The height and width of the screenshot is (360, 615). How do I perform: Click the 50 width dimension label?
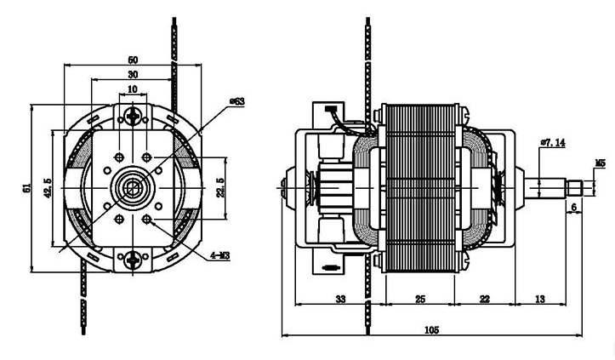(133, 60)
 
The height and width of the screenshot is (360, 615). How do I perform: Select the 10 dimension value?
(133, 89)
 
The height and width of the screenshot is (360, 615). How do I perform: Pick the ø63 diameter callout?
(237, 101)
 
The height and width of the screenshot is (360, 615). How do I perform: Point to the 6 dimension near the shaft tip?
(574, 208)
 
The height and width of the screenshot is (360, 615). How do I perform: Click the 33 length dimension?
(339, 299)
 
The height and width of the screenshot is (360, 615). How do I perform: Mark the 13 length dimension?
(540, 299)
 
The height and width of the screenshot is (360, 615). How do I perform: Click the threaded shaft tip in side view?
(575, 186)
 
